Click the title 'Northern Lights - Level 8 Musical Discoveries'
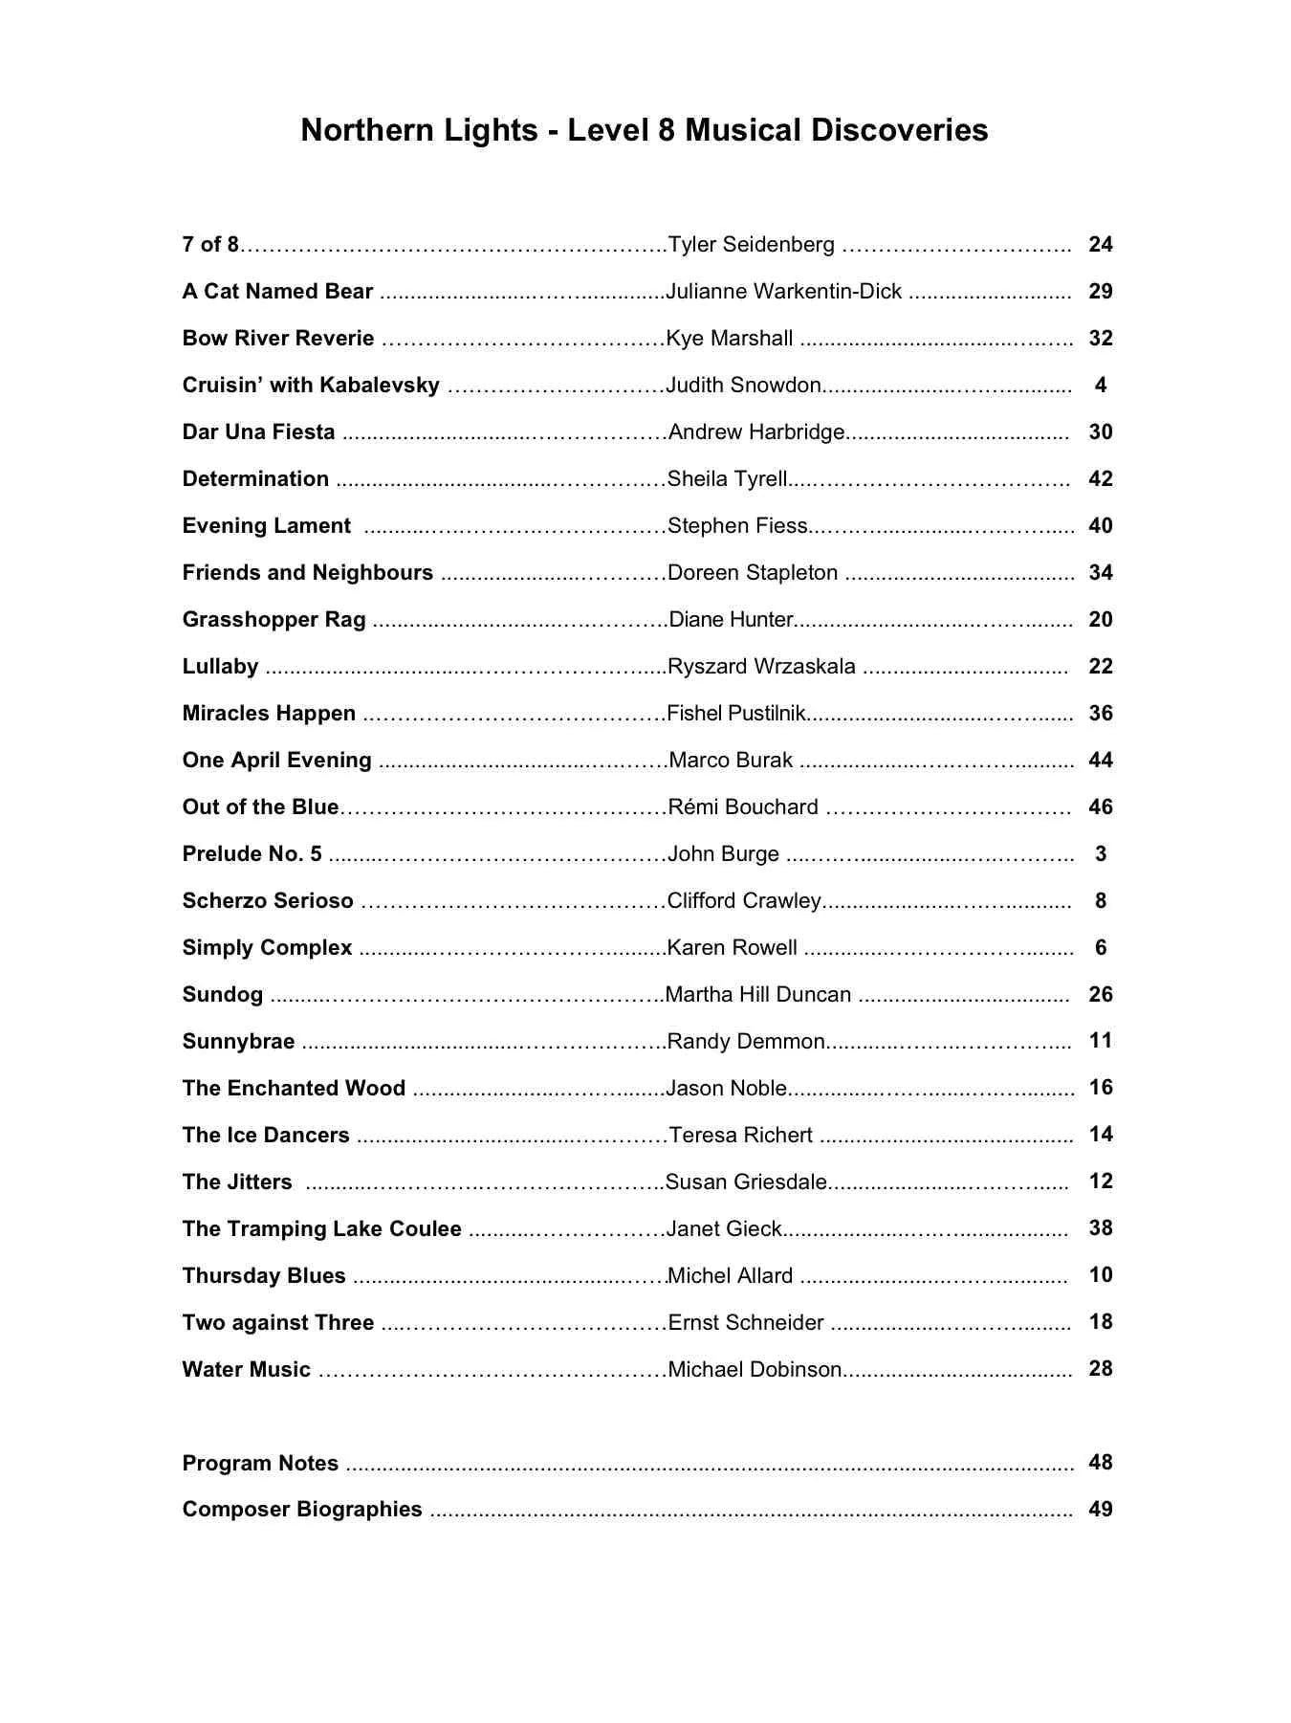tap(645, 130)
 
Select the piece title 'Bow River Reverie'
tap(278, 339)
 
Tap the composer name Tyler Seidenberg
tap(751, 245)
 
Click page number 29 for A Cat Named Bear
tap(1100, 292)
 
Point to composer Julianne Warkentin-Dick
tap(784, 292)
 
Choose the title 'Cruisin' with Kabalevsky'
tap(311, 386)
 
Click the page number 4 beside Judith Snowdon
tap(1101, 386)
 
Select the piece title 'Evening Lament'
tap(267, 526)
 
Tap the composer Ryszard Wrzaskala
tap(761, 667)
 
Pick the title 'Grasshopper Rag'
tap(274, 620)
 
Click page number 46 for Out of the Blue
tap(1100, 807)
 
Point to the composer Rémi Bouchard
tap(743, 807)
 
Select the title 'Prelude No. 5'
tap(252, 854)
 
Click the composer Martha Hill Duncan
tap(758, 995)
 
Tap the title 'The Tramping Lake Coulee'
tap(322, 1229)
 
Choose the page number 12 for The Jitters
tap(1100, 1182)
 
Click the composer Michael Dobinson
tap(755, 1370)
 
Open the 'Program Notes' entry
tap(260, 1464)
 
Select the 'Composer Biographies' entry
tap(302, 1510)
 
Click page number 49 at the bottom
tap(1100, 1510)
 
